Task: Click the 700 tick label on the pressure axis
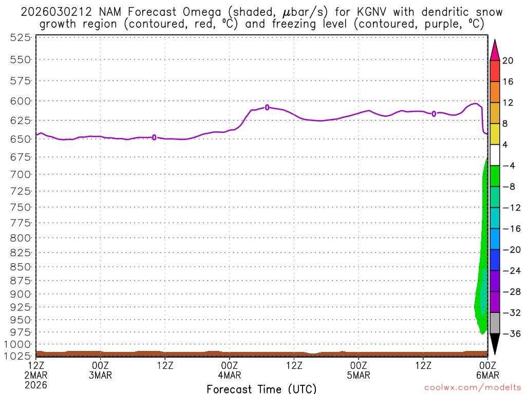click(20, 175)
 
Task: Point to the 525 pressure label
click(20, 37)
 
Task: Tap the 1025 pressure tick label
click(17, 355)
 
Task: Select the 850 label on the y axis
click(20, 267)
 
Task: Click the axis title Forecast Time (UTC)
click(261, 388)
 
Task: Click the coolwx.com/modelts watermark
click(472, 388)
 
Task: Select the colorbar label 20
click(508, 61)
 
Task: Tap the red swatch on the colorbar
click(495, 71)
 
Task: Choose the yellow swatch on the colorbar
click(495, 134)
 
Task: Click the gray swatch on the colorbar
click(495, 323)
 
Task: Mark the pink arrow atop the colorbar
click(495, 50)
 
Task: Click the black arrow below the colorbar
click(495, 343)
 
